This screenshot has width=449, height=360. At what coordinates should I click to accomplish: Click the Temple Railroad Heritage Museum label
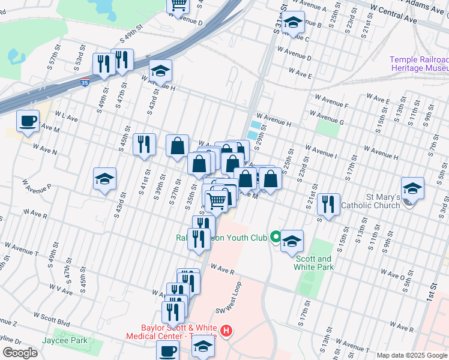(418, 64)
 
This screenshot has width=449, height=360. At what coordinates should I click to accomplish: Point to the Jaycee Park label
(64, 340)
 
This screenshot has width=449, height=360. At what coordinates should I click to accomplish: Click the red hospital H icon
(226, 331)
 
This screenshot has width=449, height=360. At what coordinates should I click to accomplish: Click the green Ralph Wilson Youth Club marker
(276, 238)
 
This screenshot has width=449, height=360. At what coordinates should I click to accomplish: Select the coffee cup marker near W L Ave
(28, 122)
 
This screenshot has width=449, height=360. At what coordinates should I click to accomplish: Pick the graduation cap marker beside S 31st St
(292, 23)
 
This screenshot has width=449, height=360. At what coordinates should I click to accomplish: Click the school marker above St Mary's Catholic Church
(412, 188)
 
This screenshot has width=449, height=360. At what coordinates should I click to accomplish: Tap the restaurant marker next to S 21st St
(328, 204)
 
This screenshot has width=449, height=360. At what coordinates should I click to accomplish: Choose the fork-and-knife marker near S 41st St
(144, 144)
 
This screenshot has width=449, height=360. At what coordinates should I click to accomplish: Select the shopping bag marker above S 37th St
(178, 146)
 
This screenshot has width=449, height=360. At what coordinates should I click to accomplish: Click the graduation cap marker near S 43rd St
(104, 179)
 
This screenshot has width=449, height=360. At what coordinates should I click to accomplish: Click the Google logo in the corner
(19, 353)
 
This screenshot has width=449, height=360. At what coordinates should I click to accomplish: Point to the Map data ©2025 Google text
(412, 355)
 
